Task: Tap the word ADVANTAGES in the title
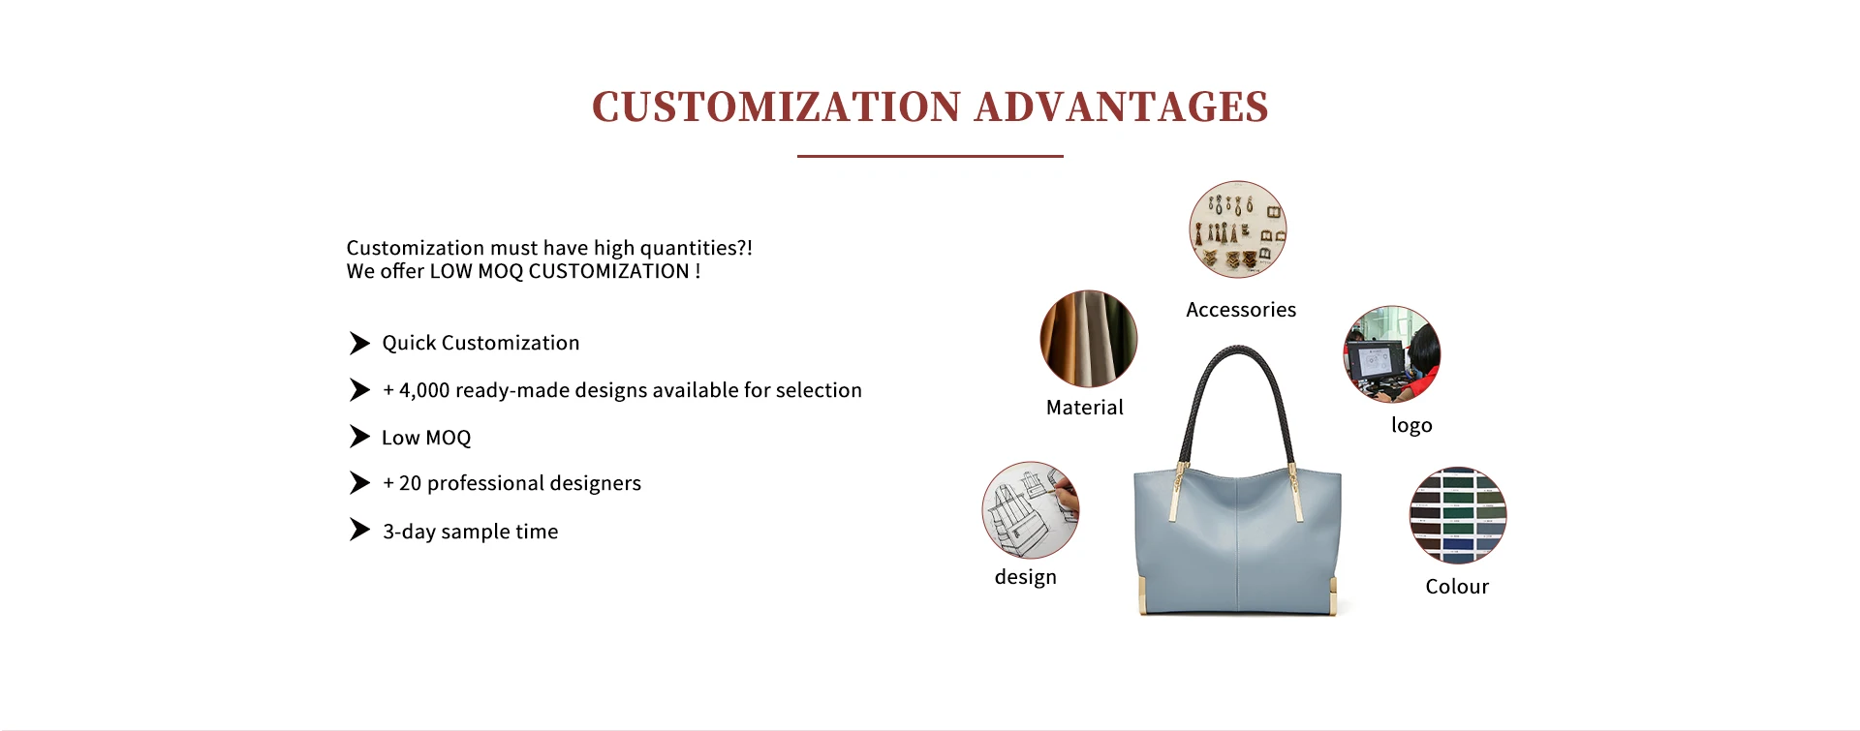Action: coord(1122,107)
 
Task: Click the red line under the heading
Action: coord(930,156)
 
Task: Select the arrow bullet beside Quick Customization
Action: coord(359,343)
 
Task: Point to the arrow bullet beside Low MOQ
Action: coord(359,437)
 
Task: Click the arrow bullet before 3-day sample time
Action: coord(359,530)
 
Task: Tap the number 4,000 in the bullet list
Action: coord(424,390)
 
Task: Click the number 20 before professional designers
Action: coord(410,483)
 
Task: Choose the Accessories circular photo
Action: coord(1238,229)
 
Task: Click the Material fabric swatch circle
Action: coord(1089,339)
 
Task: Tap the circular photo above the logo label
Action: coord(1392,354)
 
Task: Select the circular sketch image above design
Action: coord(1031,509)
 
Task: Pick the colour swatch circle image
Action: coord(1458,515)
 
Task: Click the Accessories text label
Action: coord(1241,310)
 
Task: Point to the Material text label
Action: coord(1085,408)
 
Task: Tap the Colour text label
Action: coord(1457,587)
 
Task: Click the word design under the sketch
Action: coord(1026,577)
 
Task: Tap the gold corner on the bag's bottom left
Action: coord(1141,596)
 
